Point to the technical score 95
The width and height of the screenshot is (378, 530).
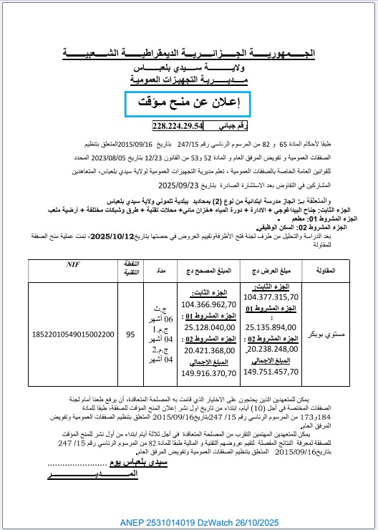point(130,334)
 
